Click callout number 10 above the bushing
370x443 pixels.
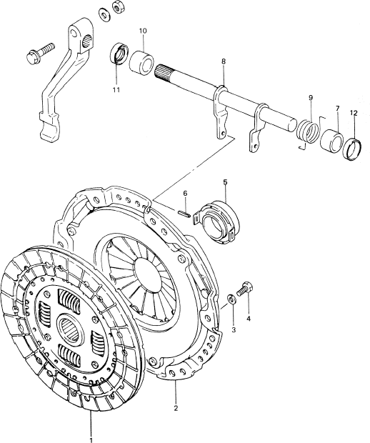[143, 31]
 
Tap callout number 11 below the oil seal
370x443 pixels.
[116, 90]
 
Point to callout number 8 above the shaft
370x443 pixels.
[224, 61]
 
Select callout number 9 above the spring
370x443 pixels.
[311, 98]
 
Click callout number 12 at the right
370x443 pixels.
[354, 113]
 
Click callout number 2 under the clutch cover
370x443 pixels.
[176, 408]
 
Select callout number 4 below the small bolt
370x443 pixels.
[249, 319]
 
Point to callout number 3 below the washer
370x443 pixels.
[234, 329]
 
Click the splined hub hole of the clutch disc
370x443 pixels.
[70, 327]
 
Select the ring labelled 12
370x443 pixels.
[352, 150]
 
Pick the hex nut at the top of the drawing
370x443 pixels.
[116, 6]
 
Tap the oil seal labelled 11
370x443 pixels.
[119, 54]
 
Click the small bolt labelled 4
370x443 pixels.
[245, 289]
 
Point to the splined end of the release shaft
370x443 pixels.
[164, 72]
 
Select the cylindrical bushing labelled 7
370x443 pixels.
[331, 141]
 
